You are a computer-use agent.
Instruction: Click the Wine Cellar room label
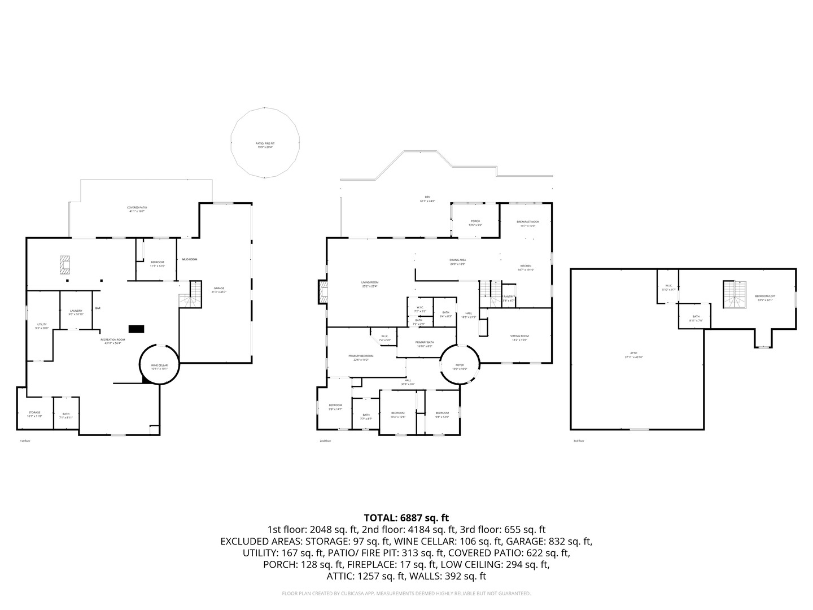[x=159, y=365]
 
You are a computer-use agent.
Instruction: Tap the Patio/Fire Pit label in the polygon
[x=265, y=143]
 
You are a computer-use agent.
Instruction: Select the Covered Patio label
[x=137, y=208]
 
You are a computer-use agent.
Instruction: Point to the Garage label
[x=218, y=289]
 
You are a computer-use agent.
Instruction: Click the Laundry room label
[x=76, y=311]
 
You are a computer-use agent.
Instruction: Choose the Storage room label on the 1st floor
[x=34, y=413]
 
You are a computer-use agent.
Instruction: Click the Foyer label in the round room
[x=460, y=365]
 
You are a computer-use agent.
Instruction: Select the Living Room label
[x=370, y=282]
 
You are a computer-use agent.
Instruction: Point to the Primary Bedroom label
[x=361, y=356]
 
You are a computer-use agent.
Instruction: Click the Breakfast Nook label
[x=527, y=222]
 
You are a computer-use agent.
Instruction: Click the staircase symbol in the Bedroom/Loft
[x=733, y=294]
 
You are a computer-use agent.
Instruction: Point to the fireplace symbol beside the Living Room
[x=324, y=292]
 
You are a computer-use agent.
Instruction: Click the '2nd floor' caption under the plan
[x=325, y=441]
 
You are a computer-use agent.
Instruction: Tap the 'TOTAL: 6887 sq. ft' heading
[x=406, y=517]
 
